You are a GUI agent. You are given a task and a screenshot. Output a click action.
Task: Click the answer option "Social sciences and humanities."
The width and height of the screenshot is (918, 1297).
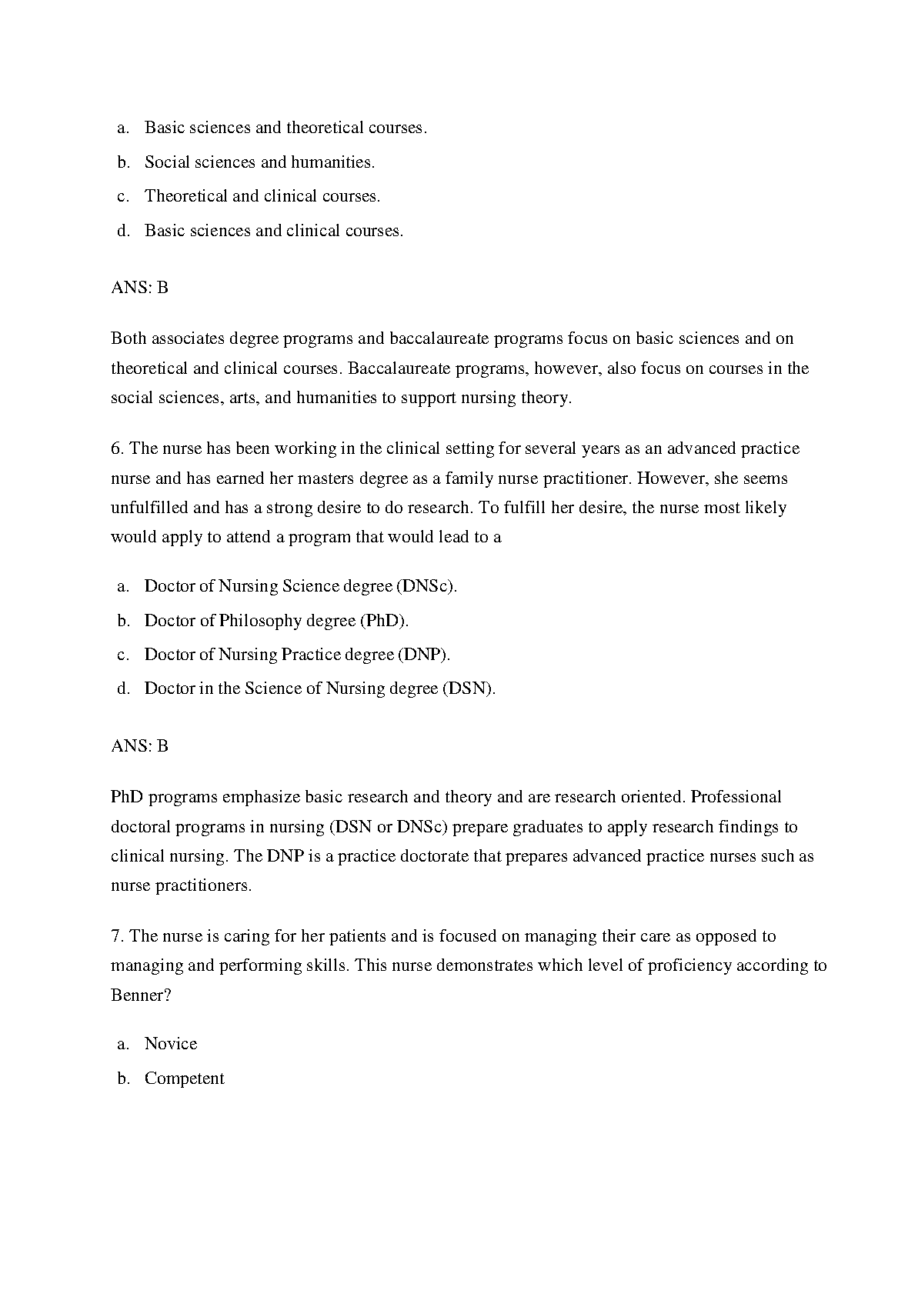[x=259, y=162]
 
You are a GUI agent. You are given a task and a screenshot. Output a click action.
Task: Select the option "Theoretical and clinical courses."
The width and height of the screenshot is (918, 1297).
[x=262, y=196]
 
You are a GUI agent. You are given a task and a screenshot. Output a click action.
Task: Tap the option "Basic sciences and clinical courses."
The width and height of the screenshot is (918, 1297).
[x=273, y=231]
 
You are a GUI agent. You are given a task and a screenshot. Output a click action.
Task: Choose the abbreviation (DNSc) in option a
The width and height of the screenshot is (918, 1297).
[x=427, y=586]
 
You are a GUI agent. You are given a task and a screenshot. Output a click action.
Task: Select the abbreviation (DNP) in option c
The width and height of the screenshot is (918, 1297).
[x=423, y=655]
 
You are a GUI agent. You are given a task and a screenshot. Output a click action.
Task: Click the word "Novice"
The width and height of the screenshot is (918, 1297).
[x=171, y=1044]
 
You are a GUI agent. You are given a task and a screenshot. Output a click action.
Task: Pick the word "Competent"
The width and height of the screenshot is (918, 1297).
[x=185, y=1079]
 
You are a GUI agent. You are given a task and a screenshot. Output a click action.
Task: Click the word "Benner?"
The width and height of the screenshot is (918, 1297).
[x=141, y=995]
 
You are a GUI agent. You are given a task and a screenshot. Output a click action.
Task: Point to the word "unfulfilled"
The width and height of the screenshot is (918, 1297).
[x=149, y=508]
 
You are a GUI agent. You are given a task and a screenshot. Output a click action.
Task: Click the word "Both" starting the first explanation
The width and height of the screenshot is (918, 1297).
[x=129, y=338]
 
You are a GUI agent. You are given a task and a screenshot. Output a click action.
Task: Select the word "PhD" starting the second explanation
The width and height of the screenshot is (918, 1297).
[x=127, y=797]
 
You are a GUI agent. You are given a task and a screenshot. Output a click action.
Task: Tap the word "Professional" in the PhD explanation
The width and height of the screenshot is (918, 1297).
[x=736, y=797]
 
